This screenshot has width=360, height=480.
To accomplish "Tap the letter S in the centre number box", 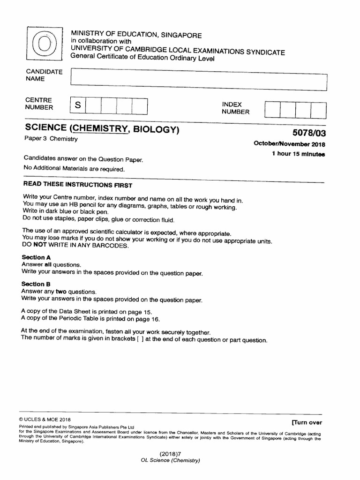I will (78, 106).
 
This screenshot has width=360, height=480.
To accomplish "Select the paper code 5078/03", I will (307, 133).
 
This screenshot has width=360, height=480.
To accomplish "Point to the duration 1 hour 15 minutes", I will (298, 154).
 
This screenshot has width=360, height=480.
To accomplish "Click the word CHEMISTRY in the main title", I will (99, 128).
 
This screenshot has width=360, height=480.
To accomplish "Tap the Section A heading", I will (34, 257).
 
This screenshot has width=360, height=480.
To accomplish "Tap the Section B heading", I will (34, 284).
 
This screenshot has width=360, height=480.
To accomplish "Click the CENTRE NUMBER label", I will (39, 104).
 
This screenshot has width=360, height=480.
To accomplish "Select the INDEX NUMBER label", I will (235, 108).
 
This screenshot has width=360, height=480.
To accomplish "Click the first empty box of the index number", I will (272, 109).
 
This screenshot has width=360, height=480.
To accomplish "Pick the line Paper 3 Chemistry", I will (51, 139).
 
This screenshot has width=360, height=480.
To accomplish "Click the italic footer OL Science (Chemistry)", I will (171, 460).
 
